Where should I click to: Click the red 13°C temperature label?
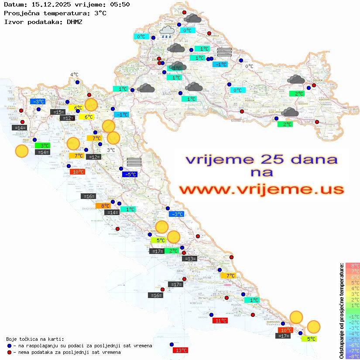(180, 350)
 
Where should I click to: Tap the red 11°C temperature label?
(220, 321)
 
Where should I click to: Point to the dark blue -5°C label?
(130, 175)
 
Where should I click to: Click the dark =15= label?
(58, 112)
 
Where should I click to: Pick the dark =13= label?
(189, 259)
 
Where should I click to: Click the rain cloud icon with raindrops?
(167, 31)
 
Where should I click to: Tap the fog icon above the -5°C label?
(134, 162)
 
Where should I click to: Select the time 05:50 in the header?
(120, 5)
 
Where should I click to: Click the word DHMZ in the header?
(74, 21)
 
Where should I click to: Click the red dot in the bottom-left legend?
(10, 352)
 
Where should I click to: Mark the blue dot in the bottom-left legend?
(10, 346)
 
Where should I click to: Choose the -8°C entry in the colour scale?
(352, 356)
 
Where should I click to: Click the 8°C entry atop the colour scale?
(352, 266)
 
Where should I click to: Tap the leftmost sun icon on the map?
(22, 151)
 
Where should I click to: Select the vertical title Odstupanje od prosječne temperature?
(341, 311)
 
